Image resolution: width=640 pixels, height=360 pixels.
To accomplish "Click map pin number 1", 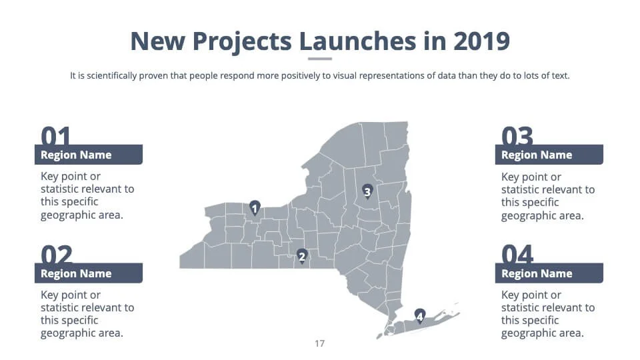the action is click(255, 208).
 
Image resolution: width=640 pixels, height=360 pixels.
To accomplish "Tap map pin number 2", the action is click(301, 256).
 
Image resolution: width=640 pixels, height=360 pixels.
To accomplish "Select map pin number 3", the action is click(367, 191).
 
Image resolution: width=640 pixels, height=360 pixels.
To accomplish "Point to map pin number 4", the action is click(419, 316).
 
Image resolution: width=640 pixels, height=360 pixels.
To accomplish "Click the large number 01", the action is click(56, 136).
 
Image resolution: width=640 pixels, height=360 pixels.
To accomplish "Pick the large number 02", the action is click(57, 254).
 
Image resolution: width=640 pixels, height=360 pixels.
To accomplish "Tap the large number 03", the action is click(517, 136).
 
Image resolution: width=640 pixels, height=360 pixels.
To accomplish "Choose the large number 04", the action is click(517, 254).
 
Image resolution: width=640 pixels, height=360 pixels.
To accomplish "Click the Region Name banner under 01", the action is click(89, 155).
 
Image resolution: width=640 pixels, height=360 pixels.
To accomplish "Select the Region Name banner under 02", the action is click(89, 273).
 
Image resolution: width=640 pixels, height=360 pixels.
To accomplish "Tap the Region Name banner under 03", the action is click(549, 155).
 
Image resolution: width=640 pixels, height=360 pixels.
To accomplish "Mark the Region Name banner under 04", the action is click(549, 273).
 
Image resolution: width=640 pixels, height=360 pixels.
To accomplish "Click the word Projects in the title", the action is click(242, 42).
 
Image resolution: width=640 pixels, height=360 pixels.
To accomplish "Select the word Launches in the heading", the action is click(357, 41).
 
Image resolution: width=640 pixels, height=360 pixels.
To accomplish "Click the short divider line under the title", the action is click(320, 59).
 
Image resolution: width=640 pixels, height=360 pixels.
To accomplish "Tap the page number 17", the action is click(320, 344).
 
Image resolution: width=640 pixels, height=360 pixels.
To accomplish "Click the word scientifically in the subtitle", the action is click(111, 76).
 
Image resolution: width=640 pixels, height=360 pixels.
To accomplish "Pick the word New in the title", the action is click(157, 41).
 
